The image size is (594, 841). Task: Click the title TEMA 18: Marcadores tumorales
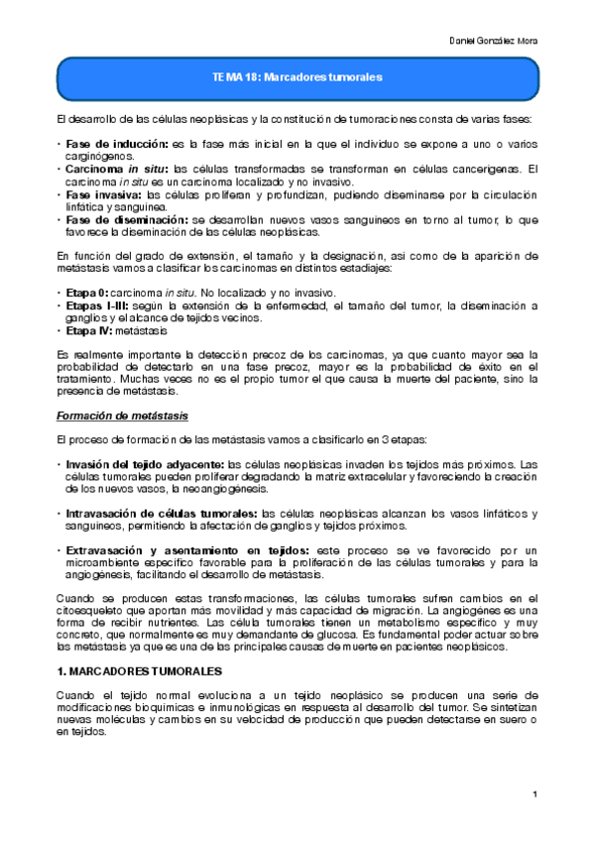pyautogui.click(x=297, y=76)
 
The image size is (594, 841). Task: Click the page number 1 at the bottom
pyautogui.click(x=534, y=794)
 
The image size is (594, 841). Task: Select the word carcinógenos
pyautogui.click(x=97, y=157)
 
